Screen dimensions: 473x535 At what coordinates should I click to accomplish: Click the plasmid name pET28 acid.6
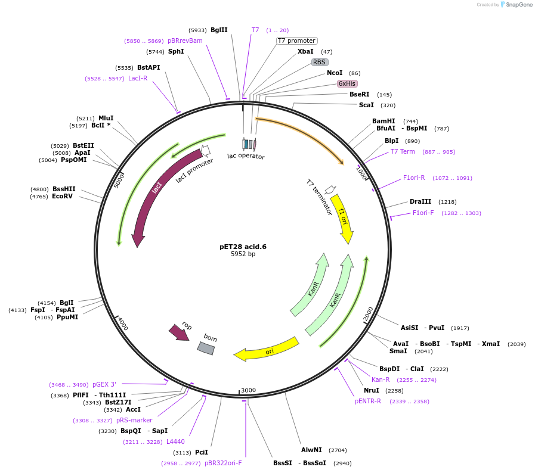(243, 247)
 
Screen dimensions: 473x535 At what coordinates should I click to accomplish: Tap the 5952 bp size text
(243, 254)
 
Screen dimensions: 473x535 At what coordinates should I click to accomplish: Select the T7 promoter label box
(296, 41)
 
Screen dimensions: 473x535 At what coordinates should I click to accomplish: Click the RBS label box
(320, 62)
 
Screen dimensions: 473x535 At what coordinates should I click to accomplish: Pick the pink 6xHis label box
(347, 83)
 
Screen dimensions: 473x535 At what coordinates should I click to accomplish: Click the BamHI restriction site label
(384, 121)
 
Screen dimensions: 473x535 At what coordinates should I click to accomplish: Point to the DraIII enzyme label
(420, 201)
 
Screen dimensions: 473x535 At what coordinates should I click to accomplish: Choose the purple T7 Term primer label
(403, 151)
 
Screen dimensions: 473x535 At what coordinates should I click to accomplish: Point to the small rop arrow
(179, 332)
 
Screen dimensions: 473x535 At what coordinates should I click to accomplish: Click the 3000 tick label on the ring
(248, 390)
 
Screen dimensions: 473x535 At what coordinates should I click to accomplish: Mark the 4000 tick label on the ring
(123, 323)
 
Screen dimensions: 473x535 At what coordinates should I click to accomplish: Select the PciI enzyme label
(202, 452)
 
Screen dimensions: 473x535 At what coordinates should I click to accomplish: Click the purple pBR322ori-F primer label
(223, 463)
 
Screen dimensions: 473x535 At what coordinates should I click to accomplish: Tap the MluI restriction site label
(106, 118)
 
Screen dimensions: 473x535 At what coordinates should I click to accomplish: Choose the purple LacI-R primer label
(138, 78)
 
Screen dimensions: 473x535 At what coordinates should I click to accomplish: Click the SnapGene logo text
(518, 5)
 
